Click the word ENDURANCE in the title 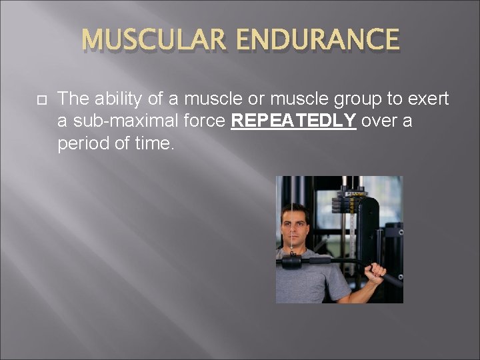319,40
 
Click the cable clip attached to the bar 291,254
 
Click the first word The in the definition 71,100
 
